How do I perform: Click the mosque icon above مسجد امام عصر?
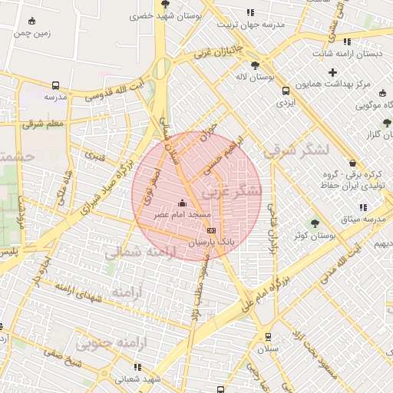point(182,203)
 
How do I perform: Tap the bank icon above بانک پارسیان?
point(211,230)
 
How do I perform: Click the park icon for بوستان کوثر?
point(314,223)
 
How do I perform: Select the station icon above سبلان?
point(268,336)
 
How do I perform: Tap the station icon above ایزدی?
point(286,90)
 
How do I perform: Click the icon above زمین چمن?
point(31,21)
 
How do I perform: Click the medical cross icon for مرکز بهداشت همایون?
point(332,73)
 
